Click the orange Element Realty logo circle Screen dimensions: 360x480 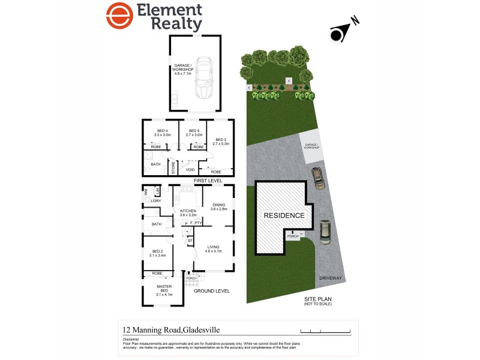coord(119,16)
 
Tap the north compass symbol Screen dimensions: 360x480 coord(338,35)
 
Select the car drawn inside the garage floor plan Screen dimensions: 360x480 coord(204,78)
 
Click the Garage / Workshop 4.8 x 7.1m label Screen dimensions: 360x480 coord(183,69)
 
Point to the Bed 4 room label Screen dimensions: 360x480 coord(164,133)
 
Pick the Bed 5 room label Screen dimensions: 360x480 coord(194,133)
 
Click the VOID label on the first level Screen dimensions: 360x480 coord(190,170)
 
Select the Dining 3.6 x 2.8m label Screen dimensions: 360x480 coord(218,208)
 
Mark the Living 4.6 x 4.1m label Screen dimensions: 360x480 coord(214,249)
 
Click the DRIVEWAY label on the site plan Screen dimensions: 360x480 coord(331,278)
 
